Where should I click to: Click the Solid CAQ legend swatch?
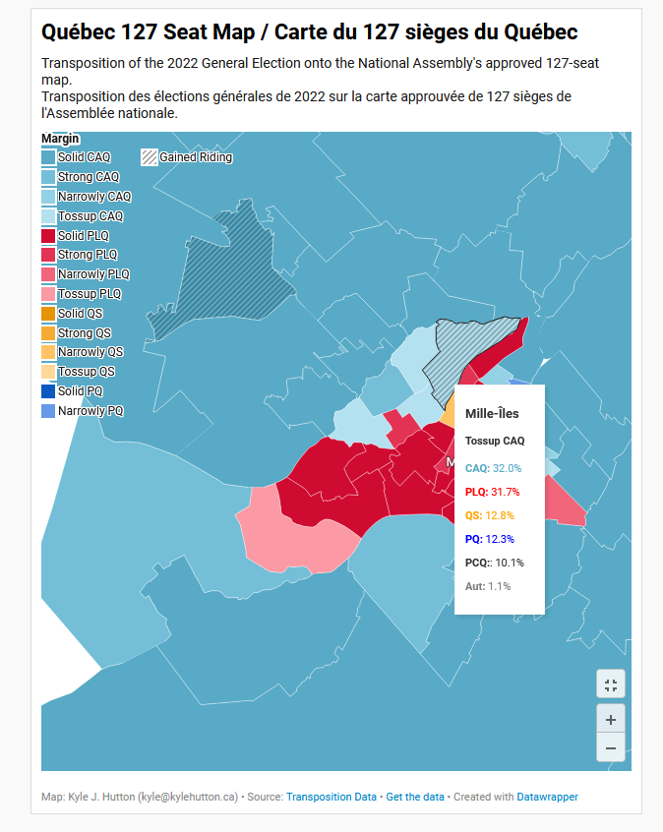[48, 157]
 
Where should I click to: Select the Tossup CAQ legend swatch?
[48, 216]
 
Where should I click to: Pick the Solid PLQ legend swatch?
[48, 236]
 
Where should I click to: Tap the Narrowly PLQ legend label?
[94, 274]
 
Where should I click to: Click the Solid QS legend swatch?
[48, 314]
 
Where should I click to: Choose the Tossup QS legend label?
[87, 372]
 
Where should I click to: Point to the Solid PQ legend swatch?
[48, 391]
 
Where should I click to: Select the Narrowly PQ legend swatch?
[48, 411]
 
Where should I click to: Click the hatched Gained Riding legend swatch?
[150, 157]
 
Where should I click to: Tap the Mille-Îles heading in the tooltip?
[492, 413]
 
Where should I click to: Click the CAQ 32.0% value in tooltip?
[507, 468]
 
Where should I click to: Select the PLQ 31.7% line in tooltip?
[492, 492]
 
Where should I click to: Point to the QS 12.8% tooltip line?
[490, 515]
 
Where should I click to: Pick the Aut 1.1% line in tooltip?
[488, 586]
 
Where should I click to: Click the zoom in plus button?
[611, 719]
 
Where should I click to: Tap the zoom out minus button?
[611, 747]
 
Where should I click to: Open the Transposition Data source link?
[331, 797]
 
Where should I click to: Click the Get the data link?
[415, 797]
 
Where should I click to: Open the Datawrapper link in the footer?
[547, 797]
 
